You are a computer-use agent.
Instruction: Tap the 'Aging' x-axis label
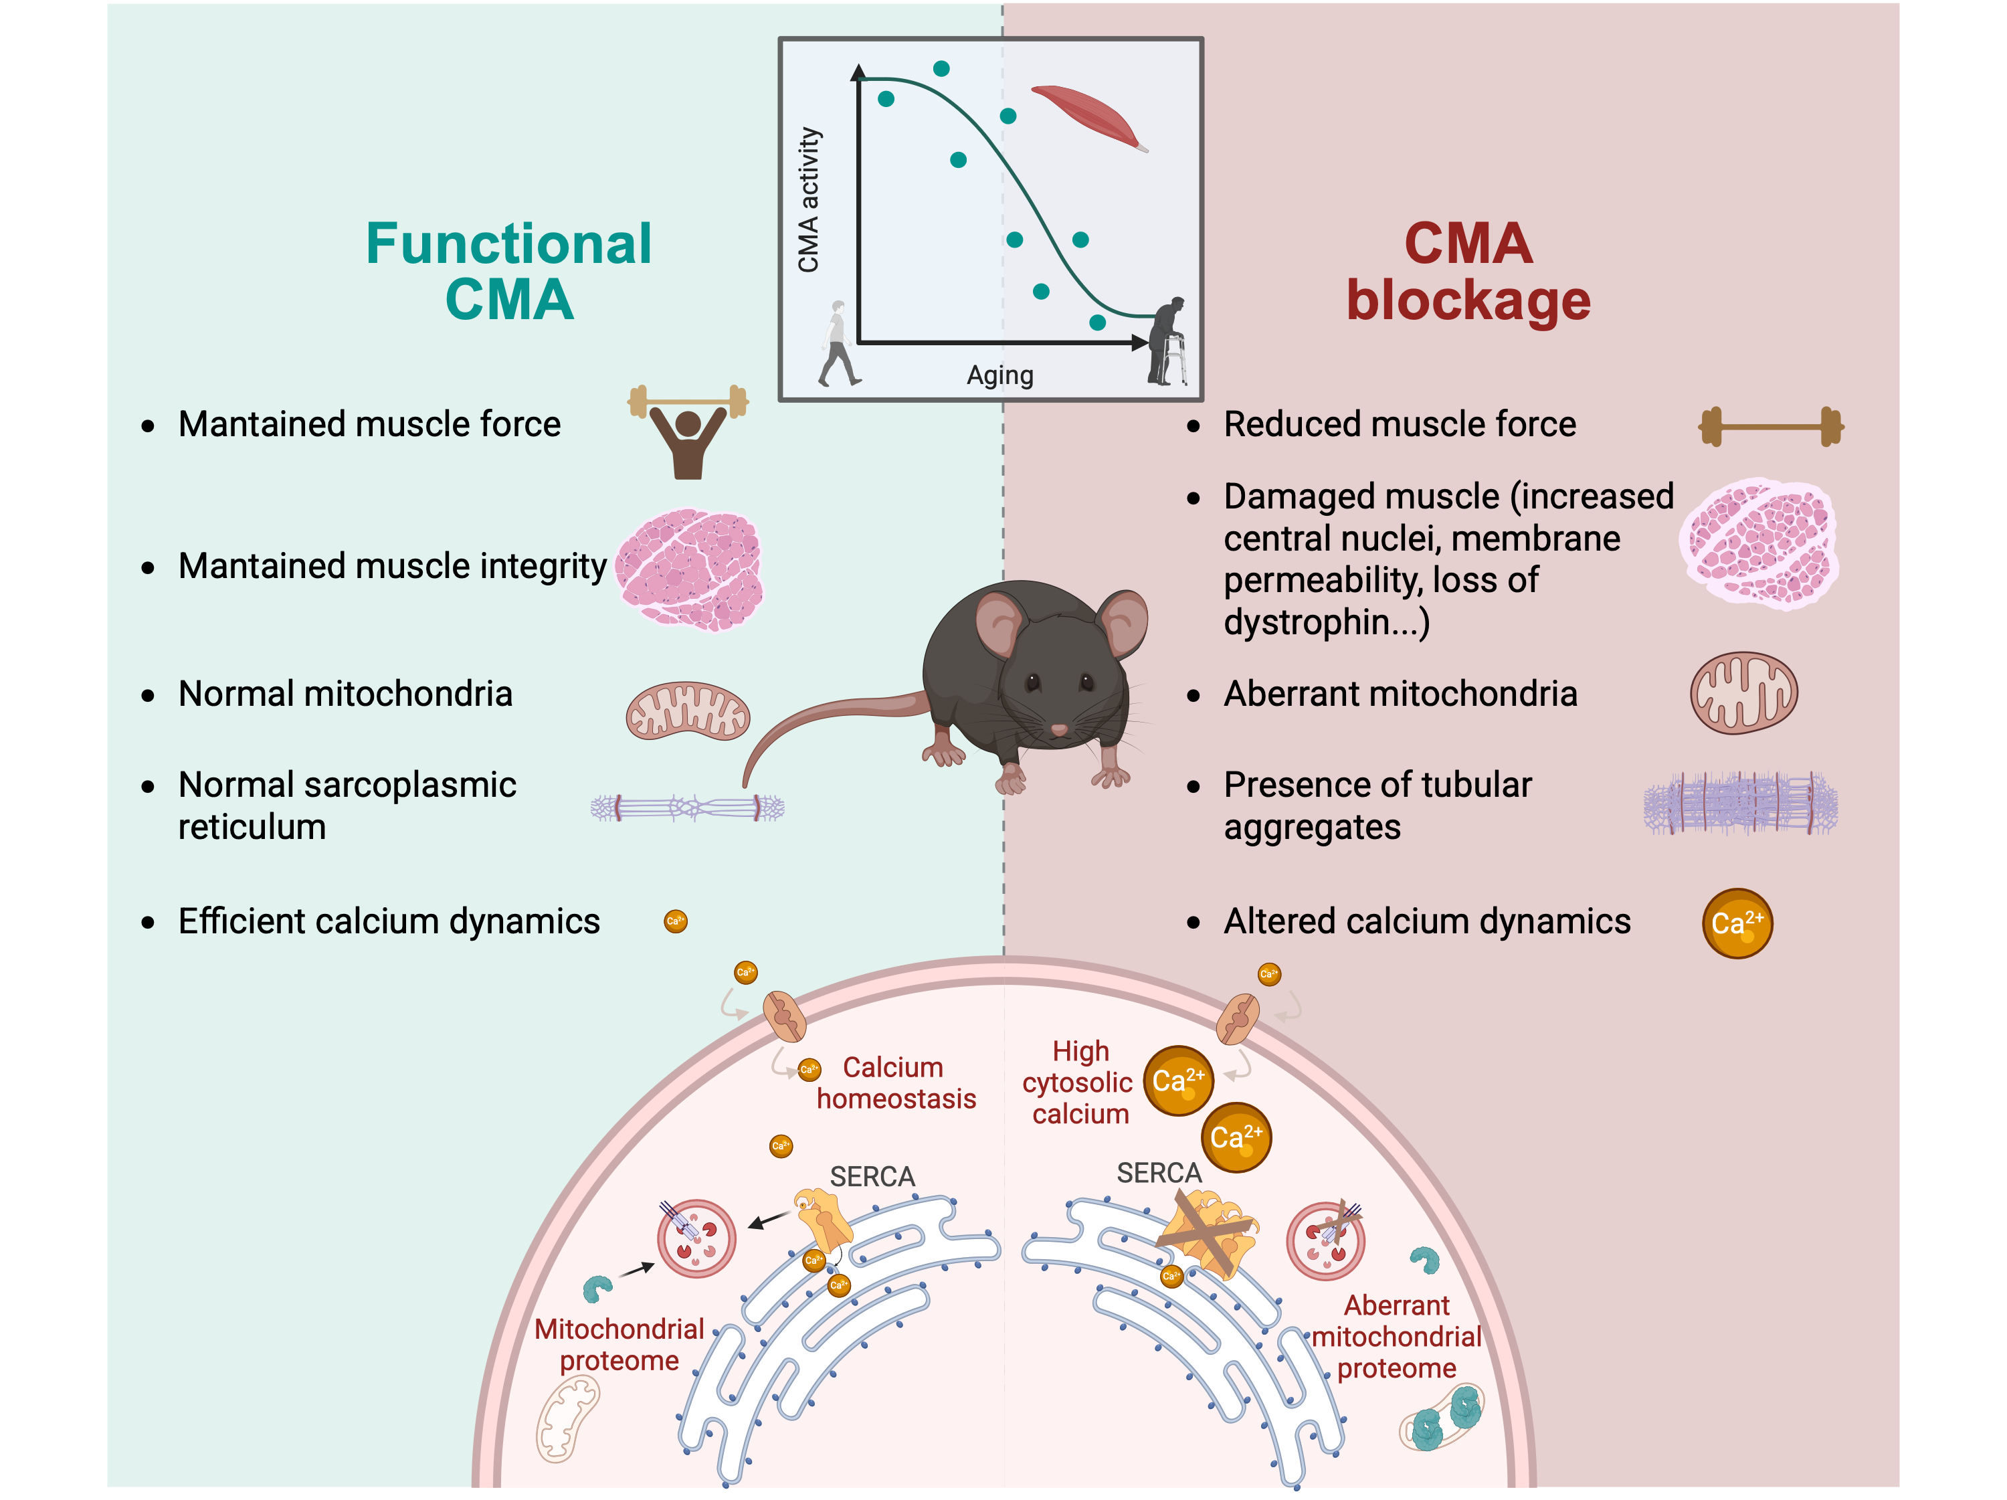1000,375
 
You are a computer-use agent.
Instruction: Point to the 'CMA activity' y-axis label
808,199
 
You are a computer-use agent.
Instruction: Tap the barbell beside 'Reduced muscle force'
1770,426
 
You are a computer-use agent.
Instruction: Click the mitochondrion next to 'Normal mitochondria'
688,711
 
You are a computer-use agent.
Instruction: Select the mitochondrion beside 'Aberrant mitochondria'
1743,692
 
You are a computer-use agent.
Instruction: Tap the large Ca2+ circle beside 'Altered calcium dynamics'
1737,923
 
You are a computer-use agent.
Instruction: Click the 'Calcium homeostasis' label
896,1083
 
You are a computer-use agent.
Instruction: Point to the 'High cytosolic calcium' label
1080,1083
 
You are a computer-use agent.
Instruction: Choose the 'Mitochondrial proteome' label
619,1345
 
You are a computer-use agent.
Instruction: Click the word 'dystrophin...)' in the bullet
1327,622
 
